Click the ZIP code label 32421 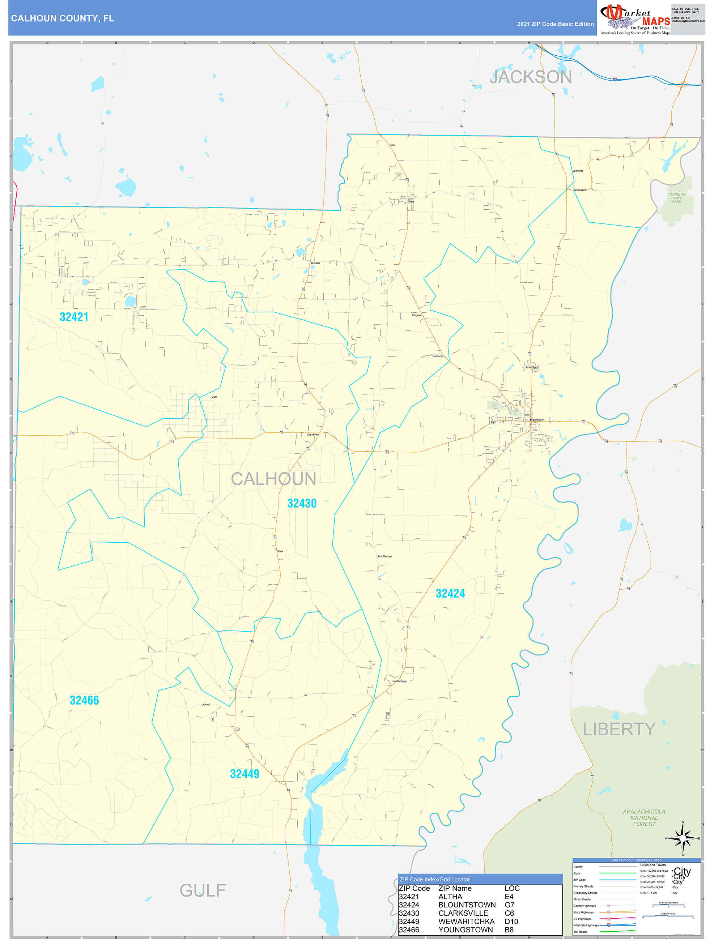74,317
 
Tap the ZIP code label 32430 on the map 302,504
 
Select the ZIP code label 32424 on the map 450,594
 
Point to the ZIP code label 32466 84,700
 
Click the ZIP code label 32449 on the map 245,774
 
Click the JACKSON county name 531,77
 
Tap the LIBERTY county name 618,729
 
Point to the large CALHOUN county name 273,479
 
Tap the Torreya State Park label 676,198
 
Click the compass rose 683,838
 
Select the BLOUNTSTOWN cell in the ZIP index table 467,905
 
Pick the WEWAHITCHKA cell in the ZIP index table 466,921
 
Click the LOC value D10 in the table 511,921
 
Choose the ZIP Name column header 455,888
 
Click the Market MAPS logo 635,18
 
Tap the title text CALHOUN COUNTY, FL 63,18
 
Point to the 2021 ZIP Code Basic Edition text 555,24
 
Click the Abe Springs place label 385,556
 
